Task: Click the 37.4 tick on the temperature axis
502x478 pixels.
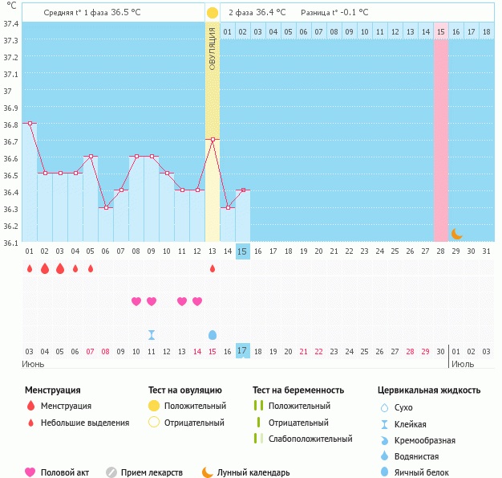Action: pos(10,23)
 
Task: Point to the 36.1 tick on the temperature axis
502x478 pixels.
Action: pos(10,242)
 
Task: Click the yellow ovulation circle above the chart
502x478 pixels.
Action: pos(212,13)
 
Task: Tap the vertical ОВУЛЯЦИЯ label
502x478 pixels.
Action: pos(213,48)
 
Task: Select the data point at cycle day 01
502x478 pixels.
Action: pos(30,123)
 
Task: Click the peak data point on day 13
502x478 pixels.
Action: pos(213,140)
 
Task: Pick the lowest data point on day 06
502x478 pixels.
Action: pos(106,207)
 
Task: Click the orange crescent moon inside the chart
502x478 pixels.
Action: pos(456,234)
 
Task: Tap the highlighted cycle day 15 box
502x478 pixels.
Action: pos(243,251)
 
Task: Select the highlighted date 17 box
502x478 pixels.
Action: pos(243,351)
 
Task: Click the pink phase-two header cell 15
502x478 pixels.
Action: pos(441,31)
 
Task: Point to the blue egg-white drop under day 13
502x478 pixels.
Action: pos(213,334)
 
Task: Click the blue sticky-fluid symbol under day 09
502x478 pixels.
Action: pos(152,334)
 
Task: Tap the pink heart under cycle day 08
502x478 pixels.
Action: pos(136,301)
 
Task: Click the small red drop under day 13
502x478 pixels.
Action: pos(213,268)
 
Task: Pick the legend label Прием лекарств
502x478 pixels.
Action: pos(152,472)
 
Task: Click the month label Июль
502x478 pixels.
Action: pos(460,363)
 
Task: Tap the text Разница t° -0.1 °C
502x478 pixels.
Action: pos(334,13)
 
